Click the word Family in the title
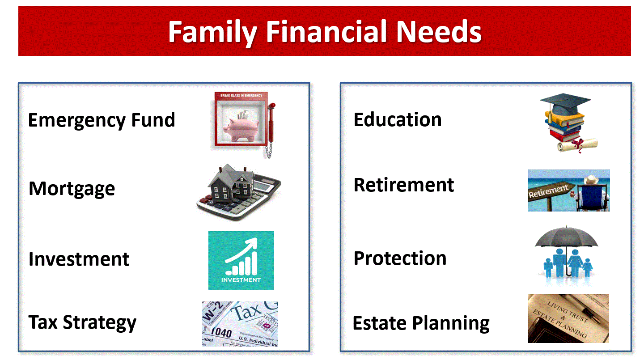tap(212, 32)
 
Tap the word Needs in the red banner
tap(439, 32)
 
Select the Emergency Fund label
tap(102, 120)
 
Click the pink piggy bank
tap(241, 128)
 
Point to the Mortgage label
tap(72, 189)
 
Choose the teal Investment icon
tap(241, 261)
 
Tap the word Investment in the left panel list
tap(79, 259)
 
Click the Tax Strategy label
tap(82, 322)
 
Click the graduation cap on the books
tap(565, 105)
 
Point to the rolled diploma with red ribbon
tap(577, 145)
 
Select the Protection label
tap(400, 258)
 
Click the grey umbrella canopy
tap(566, 237)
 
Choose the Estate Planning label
tap(421, 323)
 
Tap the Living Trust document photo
tap(568, 318)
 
